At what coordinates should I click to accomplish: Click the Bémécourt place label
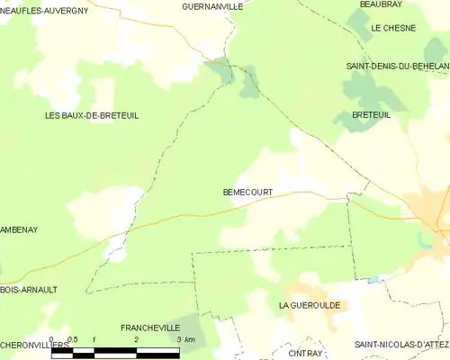click(x=247, y=192)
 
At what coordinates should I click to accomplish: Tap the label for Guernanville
click(x=212, y=6)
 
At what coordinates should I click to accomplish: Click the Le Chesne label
click(x=393, y=28)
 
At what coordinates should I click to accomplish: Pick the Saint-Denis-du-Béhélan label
click(x=398, y=67)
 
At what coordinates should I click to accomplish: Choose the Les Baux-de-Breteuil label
click(x=92, y=115)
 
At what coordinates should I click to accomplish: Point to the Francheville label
click(x=150, y=328)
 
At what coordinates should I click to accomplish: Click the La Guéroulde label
click(x=312, y=306)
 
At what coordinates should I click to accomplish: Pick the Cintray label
click(x=305, y=354)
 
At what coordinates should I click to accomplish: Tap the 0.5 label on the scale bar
click(x=73, y=339)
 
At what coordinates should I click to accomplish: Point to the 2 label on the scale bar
click(x=136, y=339)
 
